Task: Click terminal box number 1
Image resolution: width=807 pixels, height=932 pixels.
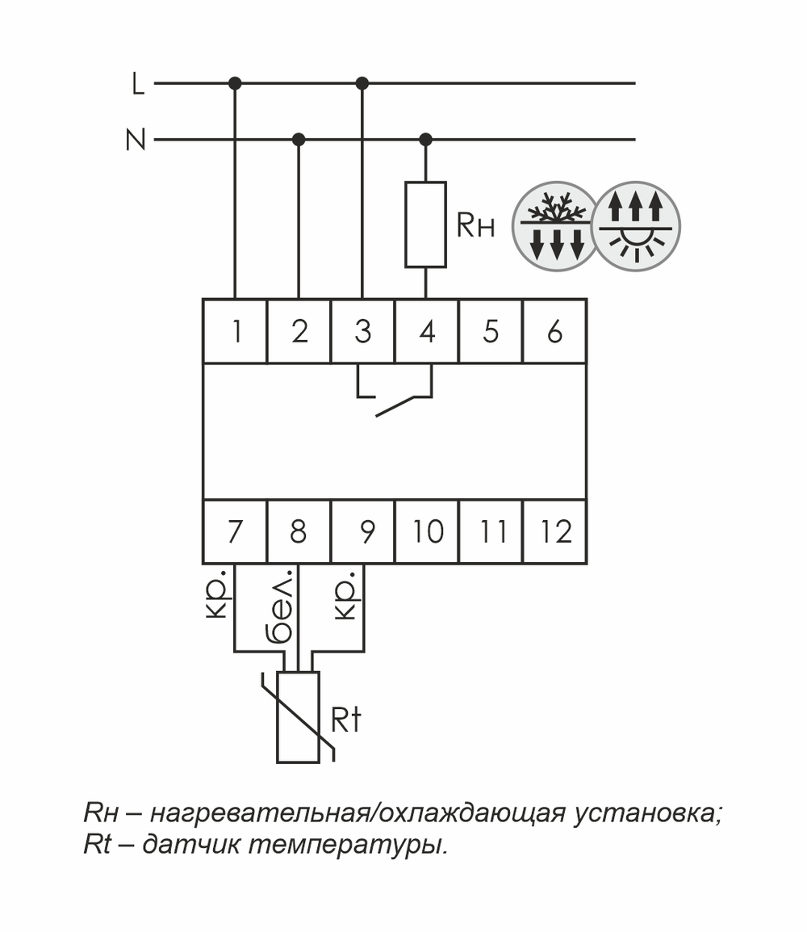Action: tap(235, 331)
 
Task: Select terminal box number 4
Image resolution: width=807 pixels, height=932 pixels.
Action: tap(426, 331)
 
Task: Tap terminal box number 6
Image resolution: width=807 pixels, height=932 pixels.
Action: tap(554, 331)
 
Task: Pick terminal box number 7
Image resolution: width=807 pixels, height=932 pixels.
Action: tap(235, 531)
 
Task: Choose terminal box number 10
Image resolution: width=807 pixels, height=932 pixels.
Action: tap(427, 531)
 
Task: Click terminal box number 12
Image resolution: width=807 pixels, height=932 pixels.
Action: tap(554, 531)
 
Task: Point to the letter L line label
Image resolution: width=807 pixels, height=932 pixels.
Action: tap(138, 84)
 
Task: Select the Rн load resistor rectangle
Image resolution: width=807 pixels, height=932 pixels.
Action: tap(425, 225)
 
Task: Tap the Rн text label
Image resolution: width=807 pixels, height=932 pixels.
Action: tap(475, 227)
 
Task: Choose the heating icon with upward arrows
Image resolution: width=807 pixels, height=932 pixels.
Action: tap(636, 225)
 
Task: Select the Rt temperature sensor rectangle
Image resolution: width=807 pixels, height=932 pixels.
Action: tap(298, 716)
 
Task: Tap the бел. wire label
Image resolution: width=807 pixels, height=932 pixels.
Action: tap(279, 609)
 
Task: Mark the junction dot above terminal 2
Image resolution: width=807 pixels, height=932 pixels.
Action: tap(299, 140)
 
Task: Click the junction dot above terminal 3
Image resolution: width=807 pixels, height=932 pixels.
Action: tap(362, 83)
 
